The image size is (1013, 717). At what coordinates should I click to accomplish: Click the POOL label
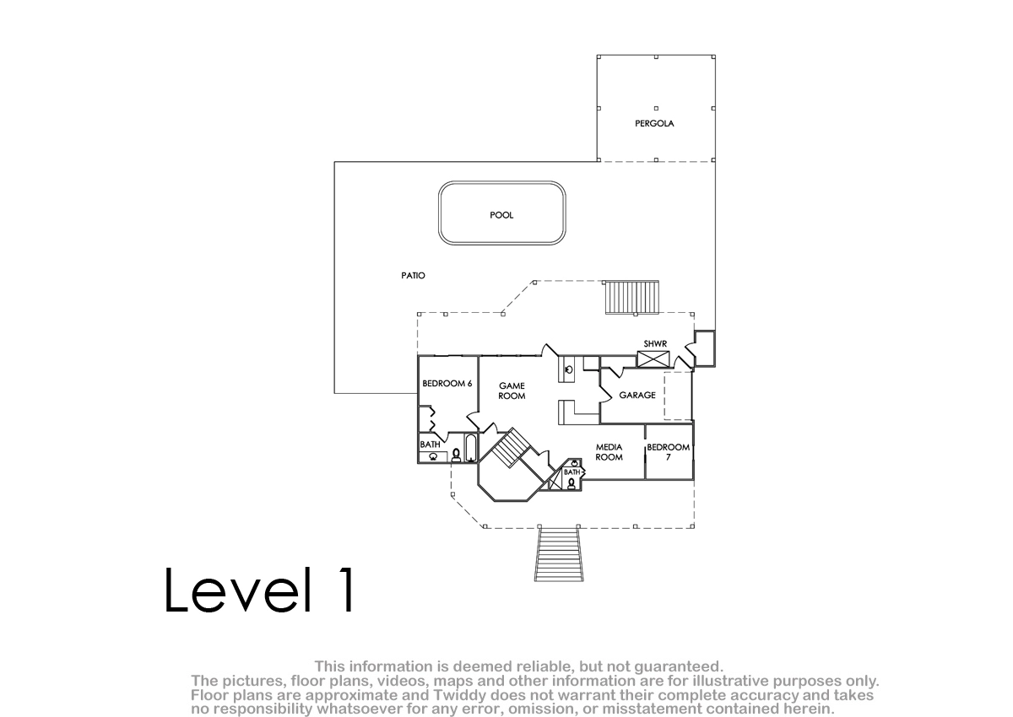(x=501, y=215)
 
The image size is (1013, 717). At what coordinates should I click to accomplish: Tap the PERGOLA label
(x=654, y=123)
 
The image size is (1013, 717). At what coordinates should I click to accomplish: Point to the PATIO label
(x=413, y=275)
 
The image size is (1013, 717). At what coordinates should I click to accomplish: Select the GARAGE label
(x=637, y=396)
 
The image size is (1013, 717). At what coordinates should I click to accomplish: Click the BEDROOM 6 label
(x=447, y=384)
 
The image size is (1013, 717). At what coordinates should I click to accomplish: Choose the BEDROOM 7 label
(x=668, y=452)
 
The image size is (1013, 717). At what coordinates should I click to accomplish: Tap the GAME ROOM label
(x=512, y=391)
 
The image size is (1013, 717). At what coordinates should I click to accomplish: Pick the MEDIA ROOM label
(x=609, y=452)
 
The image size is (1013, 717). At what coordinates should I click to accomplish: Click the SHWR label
(x=655, y=344)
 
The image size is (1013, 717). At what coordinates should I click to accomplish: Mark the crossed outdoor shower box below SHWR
(x=653, y=359)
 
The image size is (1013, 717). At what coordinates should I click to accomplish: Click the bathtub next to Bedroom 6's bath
(x=471, y=448)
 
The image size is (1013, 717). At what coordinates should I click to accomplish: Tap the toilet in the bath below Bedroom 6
(x=456, y=455)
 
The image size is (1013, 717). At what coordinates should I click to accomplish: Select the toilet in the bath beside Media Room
(x=572, y=483)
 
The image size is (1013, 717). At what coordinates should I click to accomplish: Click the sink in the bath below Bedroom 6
(x=433, y=456)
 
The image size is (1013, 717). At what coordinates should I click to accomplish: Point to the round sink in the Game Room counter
(x=569, y=369)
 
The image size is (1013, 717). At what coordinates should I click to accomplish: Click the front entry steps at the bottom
(x=559, y=554)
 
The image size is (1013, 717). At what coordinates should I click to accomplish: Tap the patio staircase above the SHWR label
(x=631, y=297)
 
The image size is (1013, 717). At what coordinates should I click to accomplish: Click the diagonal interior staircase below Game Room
(x=510, y=448)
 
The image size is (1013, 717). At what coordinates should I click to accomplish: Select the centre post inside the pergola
(x=656, y=109)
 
